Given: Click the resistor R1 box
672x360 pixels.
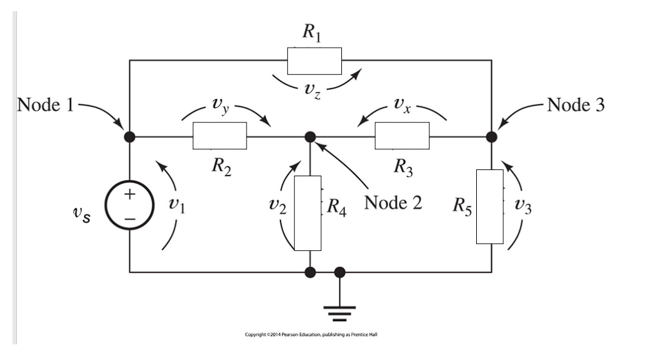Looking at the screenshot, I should pos(314,60).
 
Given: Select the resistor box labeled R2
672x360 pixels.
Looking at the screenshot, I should pos(220,136).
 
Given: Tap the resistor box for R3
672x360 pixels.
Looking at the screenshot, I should pos(402,136).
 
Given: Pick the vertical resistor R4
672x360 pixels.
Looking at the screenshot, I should pos(307,213).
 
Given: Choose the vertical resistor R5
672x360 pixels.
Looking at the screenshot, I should pos(489,206).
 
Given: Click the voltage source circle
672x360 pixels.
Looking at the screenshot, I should pos(129,205).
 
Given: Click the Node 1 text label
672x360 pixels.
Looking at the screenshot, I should pos(45,105).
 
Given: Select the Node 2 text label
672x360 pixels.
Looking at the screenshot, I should pos(393,203).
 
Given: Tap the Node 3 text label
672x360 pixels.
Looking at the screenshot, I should pos(576,105).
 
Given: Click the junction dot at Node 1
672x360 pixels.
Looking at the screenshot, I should pos(129,136).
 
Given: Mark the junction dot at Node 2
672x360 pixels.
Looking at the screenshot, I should pos(309,136).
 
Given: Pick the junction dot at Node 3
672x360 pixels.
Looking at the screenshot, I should pos(491,136).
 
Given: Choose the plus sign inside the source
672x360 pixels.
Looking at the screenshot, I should pos(129,194).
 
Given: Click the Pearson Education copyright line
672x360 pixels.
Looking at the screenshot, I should pos(311,334).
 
